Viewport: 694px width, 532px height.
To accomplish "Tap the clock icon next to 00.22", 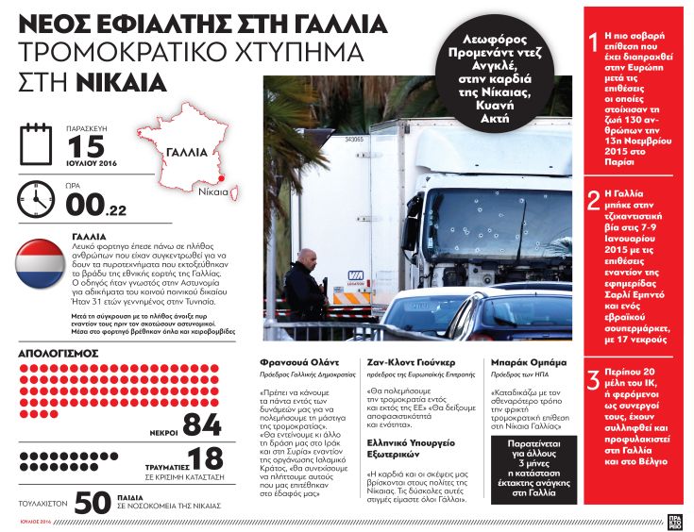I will (37, 198).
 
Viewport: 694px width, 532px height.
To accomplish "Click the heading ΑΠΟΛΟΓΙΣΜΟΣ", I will (59, 354).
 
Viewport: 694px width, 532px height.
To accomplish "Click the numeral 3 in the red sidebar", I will (592, 381).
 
